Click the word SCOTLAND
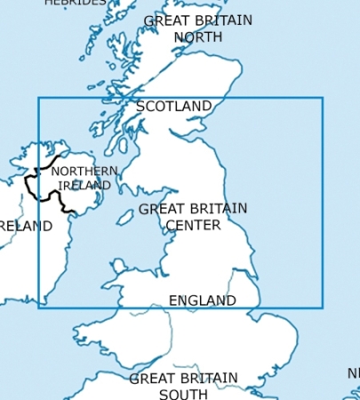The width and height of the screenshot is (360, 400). point(174,107)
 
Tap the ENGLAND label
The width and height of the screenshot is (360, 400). point(203,300)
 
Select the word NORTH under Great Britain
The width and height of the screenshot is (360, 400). point(197,36)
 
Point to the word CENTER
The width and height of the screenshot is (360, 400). point(193,225)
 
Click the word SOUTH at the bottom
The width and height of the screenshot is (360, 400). point(183,394)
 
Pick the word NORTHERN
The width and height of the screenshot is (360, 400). point(84,172)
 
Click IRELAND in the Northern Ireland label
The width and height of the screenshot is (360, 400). point(84,185)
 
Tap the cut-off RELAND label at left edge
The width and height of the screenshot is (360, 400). point(26,227)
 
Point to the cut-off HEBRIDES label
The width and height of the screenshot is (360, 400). point(75,3)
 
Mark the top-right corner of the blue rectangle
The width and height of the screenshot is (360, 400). point(323,98)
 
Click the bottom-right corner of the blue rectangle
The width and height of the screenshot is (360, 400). point(323,308)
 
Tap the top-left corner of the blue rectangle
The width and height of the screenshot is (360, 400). point(38,98)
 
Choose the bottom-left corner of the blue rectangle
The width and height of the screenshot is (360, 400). point(38,308)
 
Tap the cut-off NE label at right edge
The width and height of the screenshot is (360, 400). point(353,372)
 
